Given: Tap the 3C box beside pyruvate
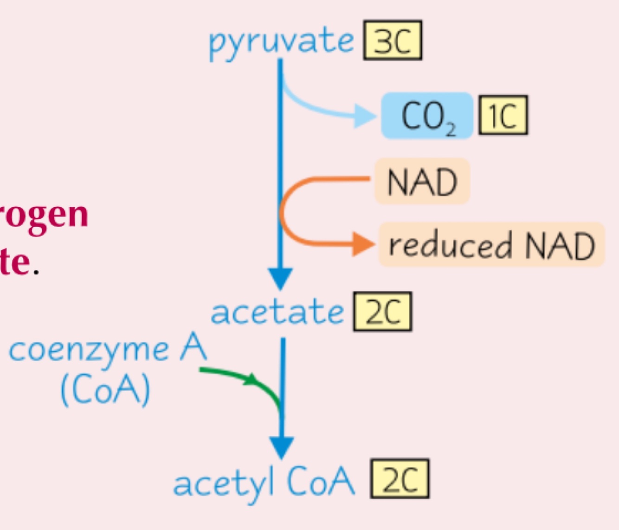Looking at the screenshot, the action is (393, 40).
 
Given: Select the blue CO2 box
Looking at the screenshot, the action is (427, 116).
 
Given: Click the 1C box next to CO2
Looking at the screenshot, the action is (503, 115).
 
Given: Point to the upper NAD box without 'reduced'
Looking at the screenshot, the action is (422, 182).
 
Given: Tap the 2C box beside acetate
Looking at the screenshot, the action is (382, 312).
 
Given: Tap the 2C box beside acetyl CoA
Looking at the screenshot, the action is (400, 479).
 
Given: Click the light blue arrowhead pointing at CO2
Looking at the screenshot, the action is (365, 116).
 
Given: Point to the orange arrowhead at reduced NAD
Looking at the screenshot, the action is (363, 244).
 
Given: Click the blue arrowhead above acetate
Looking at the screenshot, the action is (280, 278).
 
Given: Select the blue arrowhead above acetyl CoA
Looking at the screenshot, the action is (282, 447).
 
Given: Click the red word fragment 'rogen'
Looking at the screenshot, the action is (44, 215).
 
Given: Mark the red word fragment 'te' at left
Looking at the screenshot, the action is (15, 262).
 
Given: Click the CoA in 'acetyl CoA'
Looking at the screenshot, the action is (320, 481).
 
